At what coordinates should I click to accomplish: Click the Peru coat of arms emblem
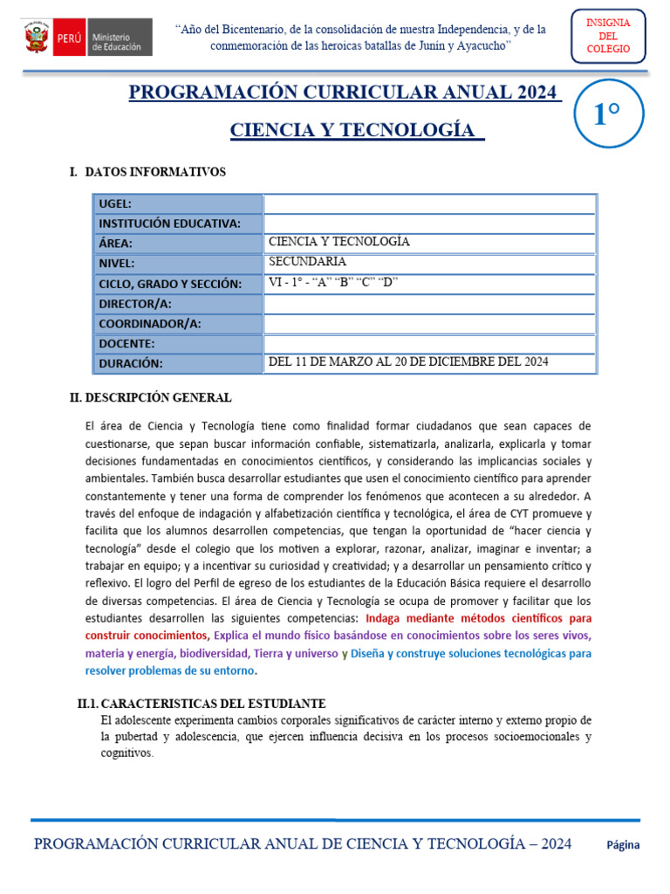pos(36,38)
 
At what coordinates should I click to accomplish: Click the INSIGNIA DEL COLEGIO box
pos(609,37)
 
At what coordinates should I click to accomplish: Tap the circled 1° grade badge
pos(608,114)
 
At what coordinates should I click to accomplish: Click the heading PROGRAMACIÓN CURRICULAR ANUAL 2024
pos(345,93)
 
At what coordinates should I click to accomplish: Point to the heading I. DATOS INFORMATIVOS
pos(147,172)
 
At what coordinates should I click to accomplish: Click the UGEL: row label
pos(115,203)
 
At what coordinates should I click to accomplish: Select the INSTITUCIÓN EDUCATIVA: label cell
pos(169,223)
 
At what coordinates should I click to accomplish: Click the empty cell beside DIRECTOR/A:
pos(429,303)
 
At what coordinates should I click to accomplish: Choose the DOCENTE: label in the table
pos(126,343)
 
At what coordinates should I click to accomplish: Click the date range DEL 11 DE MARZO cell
pos(408,362)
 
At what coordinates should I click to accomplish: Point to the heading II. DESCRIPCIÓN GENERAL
pos(151,398)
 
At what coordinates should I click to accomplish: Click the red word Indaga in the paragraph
pos(392,618)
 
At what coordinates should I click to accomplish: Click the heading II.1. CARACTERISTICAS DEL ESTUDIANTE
pos(202,704)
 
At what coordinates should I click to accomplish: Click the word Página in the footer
pos(623,844)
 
